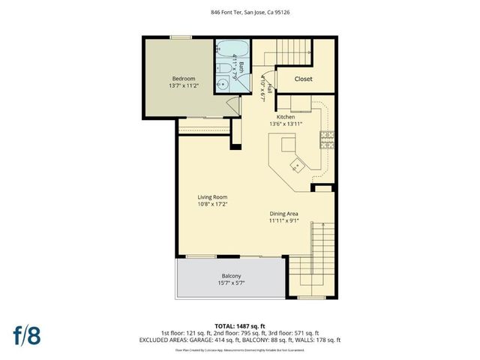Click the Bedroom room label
184,79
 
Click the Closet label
303,79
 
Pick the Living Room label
212,197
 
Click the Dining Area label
284,214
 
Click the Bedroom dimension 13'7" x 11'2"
184,86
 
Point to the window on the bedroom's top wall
180,37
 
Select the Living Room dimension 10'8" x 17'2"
212,204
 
